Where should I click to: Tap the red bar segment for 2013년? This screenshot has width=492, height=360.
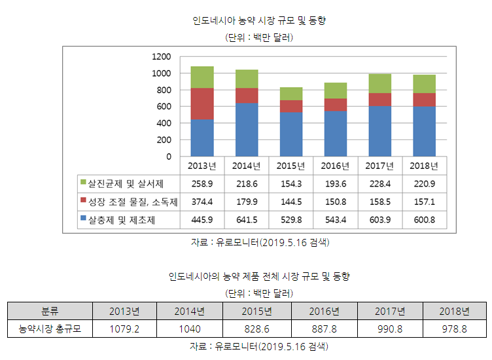pos(202,103)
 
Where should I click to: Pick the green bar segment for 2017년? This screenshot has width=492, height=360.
pos(379,83)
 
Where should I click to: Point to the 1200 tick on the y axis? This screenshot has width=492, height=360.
pos(161,56)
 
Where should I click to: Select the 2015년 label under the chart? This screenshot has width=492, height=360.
pos(290,166)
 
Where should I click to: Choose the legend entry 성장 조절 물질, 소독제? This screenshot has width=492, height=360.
pos(128,202)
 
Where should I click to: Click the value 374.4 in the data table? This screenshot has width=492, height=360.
pos(202,202)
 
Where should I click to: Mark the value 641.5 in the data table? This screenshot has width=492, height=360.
pos(246,220)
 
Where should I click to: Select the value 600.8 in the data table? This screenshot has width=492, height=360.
pos(424,220)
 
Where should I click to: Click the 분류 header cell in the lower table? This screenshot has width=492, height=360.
pos(50,310)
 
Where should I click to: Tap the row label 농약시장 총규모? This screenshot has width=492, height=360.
pos(50,328)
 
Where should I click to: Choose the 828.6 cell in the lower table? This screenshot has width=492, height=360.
pos(256,328)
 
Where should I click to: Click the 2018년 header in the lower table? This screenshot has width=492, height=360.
pos(455,310)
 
